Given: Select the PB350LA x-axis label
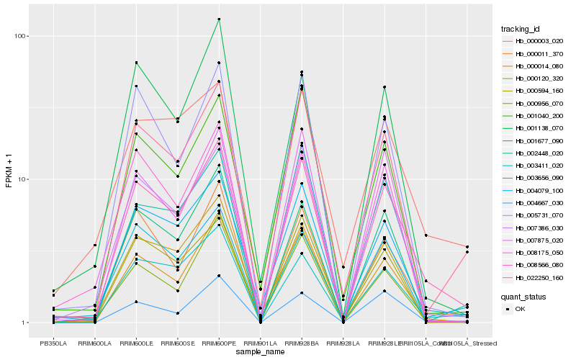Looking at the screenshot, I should (53, 342).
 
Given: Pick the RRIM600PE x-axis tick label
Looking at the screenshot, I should (219, 342).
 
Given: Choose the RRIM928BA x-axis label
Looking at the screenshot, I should (302, 342).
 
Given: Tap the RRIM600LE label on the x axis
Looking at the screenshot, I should (136, 342).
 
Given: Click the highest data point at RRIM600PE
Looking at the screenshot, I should (219, 19).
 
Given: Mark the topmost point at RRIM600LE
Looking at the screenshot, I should (136, 63).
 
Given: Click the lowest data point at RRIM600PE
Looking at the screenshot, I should (219, 276).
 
